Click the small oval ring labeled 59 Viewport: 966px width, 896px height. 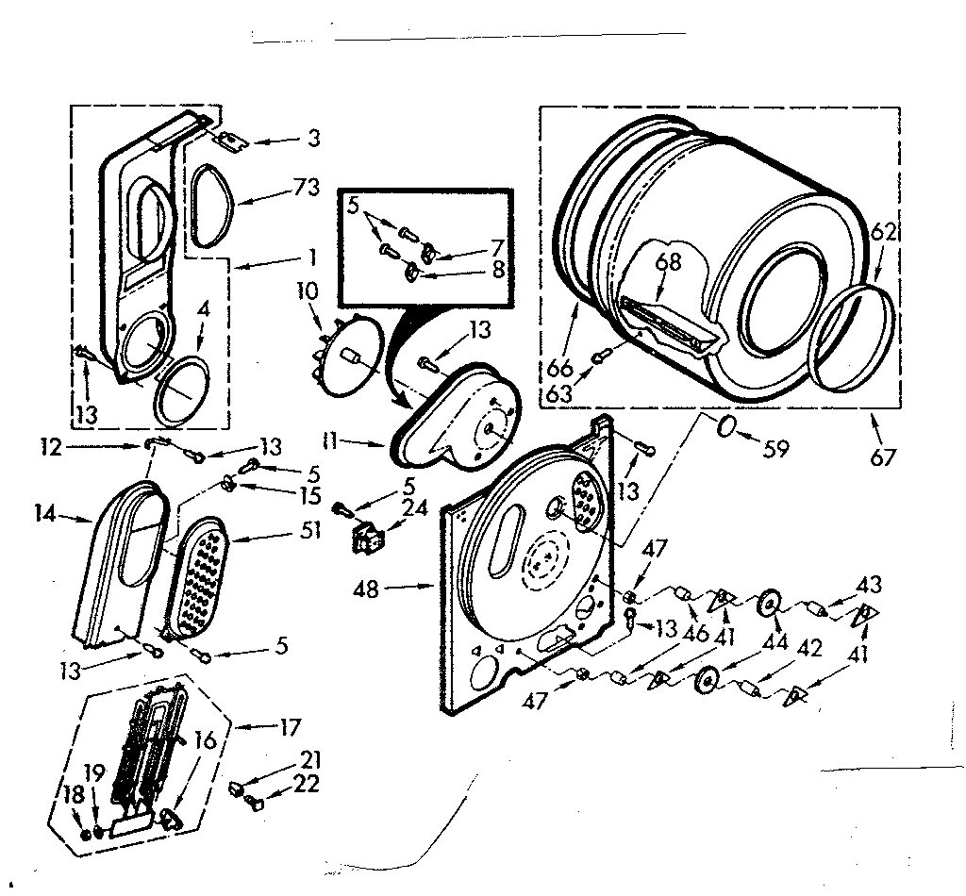pos(726,430)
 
